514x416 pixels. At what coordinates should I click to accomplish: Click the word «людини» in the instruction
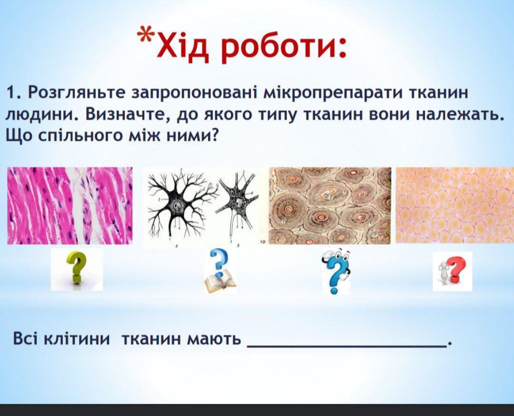click(x=41, y=114)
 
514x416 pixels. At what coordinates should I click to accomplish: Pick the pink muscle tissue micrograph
click(x=70, y=206)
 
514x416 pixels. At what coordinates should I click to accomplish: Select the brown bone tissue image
click(x=330, y=206)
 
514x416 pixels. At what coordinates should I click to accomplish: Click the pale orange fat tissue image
click(x=455, y=205)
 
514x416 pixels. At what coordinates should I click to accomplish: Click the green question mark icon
click(x=77, y=269)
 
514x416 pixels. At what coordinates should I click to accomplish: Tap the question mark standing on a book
click(x=220, y=271)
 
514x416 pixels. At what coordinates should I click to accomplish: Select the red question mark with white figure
click(x=453, y=271)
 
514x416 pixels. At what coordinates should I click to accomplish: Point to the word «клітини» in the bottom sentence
click(x=77, y=338)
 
